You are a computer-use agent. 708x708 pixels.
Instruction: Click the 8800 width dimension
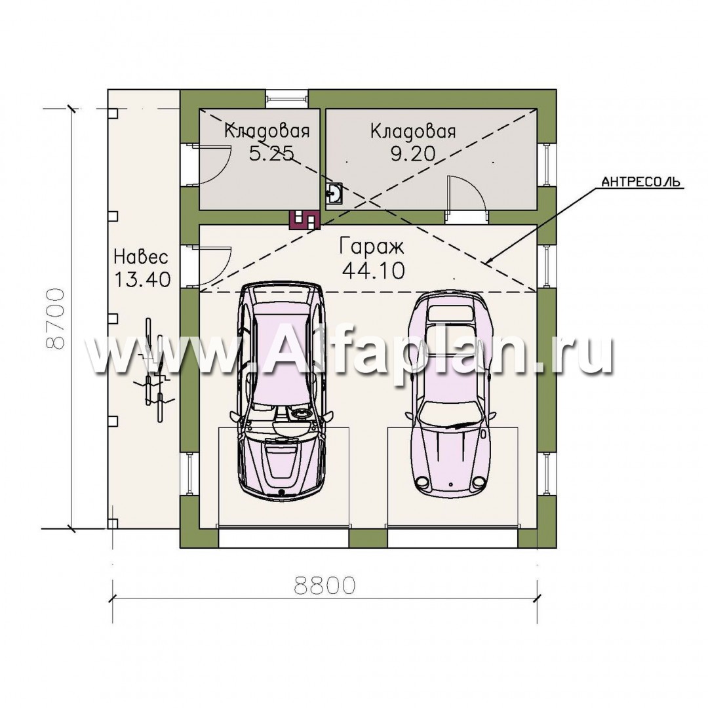324,585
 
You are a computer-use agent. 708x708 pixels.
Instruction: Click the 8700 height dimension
56,319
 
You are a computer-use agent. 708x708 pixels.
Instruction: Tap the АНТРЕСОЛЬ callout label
640,182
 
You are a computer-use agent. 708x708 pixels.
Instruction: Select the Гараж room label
372,247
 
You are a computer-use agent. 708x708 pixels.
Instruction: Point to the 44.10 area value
374,271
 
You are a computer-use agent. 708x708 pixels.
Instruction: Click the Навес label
141,256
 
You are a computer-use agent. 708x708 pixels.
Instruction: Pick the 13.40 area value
142,279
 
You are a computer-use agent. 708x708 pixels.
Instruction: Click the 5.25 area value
271,153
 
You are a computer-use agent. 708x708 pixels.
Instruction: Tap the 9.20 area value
413,154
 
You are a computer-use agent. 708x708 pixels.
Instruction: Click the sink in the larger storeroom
334,193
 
